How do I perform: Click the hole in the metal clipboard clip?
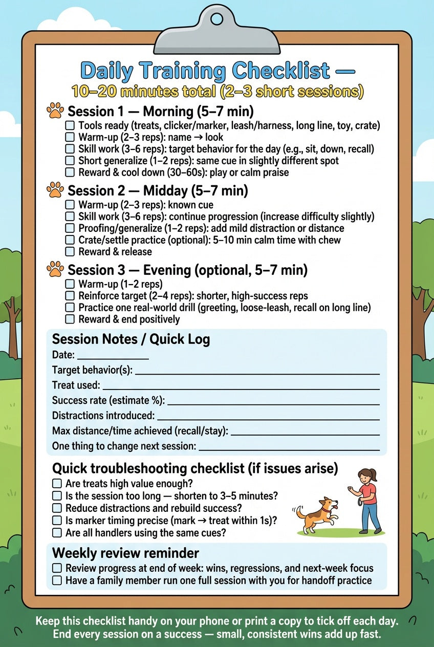point(217,19)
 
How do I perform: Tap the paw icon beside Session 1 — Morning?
point(55,111)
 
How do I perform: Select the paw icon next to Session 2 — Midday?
point(55,190)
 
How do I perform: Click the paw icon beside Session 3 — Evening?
point(55,269)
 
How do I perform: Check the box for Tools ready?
point(70,125)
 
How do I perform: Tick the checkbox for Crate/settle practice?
point(70,240)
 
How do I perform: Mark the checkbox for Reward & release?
point(70,252)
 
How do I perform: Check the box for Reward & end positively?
point(70,319)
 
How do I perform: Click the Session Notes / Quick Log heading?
point(131,340)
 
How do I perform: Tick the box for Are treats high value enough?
point(57,484)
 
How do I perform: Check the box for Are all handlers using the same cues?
point(57,533)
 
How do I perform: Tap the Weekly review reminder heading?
point(125,553)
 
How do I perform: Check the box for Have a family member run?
point(57,580)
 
